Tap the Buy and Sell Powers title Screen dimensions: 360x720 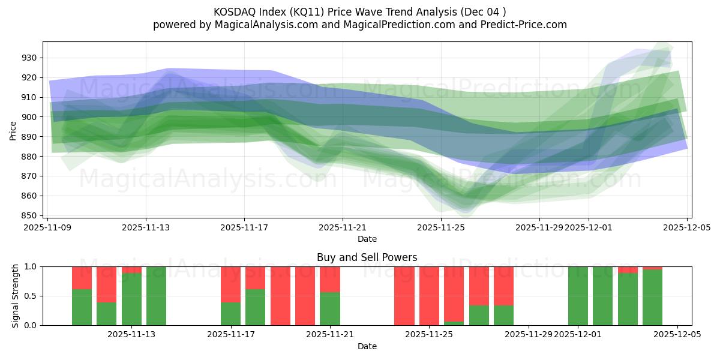[x=367, y=257]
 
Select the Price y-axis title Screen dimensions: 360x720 [x=13, y=130]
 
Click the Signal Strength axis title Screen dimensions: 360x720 [x=16, y=296]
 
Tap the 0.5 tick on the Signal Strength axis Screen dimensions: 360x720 [x=30, y=296]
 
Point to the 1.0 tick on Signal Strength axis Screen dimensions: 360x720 [x=30, y=266]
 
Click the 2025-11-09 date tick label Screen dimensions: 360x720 [x=48, y=227]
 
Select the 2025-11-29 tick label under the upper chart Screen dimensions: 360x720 [x=539, y=227]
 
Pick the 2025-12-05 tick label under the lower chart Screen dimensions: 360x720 [x=677, y=335]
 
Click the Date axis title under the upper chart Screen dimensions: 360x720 [x=367, y=239]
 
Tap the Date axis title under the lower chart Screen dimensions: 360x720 [x=367, y=346]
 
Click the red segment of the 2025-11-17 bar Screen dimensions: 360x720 [x=230, y=284]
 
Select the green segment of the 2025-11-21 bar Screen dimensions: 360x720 [x=330, y=308]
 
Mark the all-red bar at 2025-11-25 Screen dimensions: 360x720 [x=429, y=296]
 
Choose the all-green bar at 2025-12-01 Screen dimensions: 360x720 [x=578, y=296]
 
